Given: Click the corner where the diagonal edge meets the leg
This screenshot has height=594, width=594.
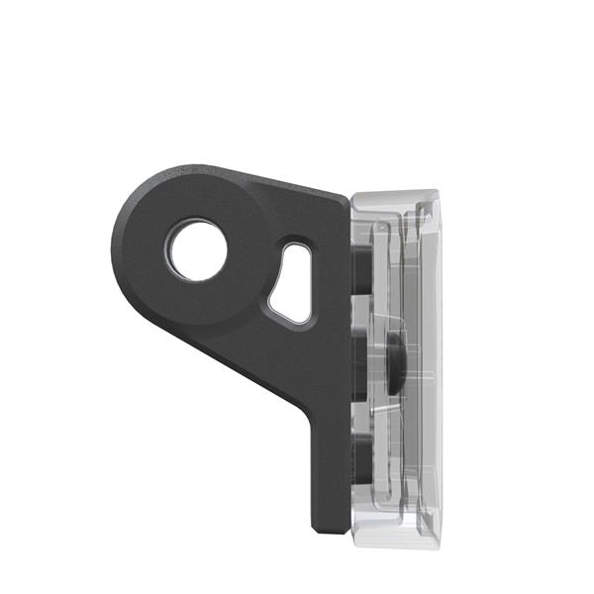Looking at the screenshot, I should [x=307, y=416].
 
